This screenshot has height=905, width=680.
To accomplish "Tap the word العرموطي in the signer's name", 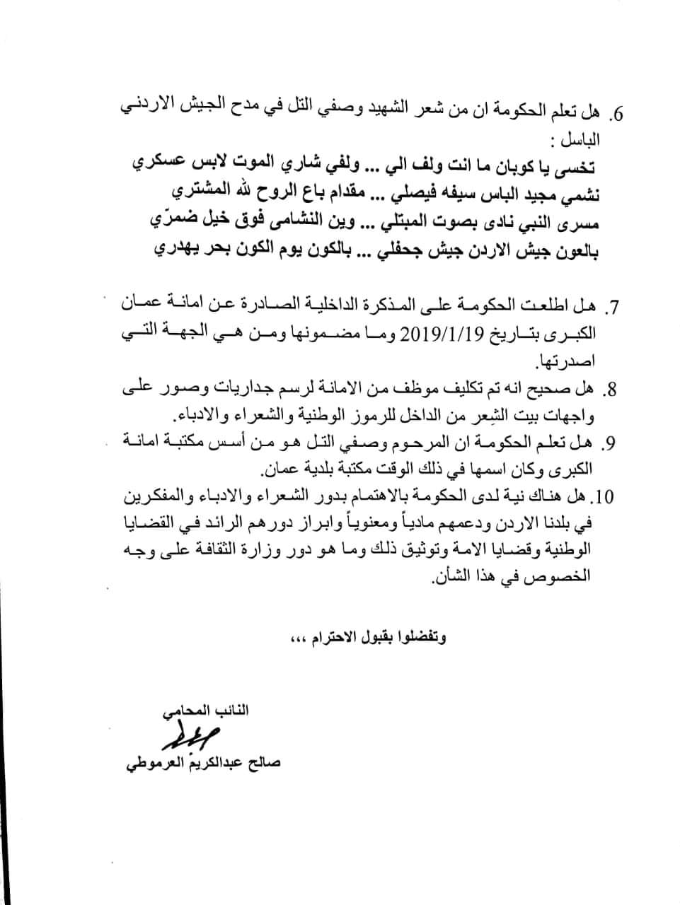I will [151, 764].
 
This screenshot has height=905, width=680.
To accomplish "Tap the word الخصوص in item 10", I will [570, 577].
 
